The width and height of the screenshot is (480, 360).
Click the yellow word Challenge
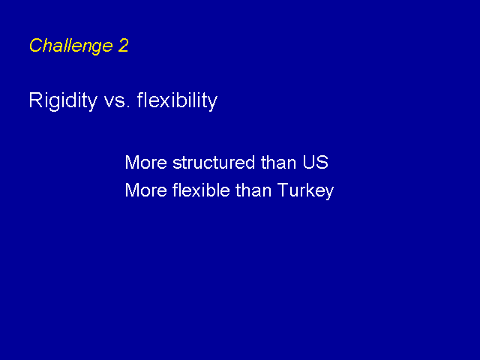tap(71, 46)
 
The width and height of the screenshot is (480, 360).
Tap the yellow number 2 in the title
tap(123, 45)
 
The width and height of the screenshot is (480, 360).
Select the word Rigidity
tap(63, 100)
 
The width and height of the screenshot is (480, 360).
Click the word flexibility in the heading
tap(177, 100)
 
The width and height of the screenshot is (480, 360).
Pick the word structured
tap(214, 162)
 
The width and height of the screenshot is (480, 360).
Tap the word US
tap(316, 162)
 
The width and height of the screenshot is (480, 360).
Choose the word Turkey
tap(305, 191)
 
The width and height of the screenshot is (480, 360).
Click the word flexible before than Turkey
tap(201, 190)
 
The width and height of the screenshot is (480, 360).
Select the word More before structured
tap(146, 162)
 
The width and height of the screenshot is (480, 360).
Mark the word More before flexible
tap(146, 190)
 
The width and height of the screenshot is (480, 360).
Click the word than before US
tap(278, 162)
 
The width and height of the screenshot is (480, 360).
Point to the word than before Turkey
tap(253, 190)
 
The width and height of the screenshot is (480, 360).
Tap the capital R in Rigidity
tap(35, 100)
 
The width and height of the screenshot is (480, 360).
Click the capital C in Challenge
tap(37, 45)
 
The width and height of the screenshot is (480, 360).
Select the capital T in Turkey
tap(283, 190)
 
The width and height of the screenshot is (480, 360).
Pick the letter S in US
tap(322, 162)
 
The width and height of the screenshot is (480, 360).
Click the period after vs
tap(128, 106)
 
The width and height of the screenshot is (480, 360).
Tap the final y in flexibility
tap(212, 103)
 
